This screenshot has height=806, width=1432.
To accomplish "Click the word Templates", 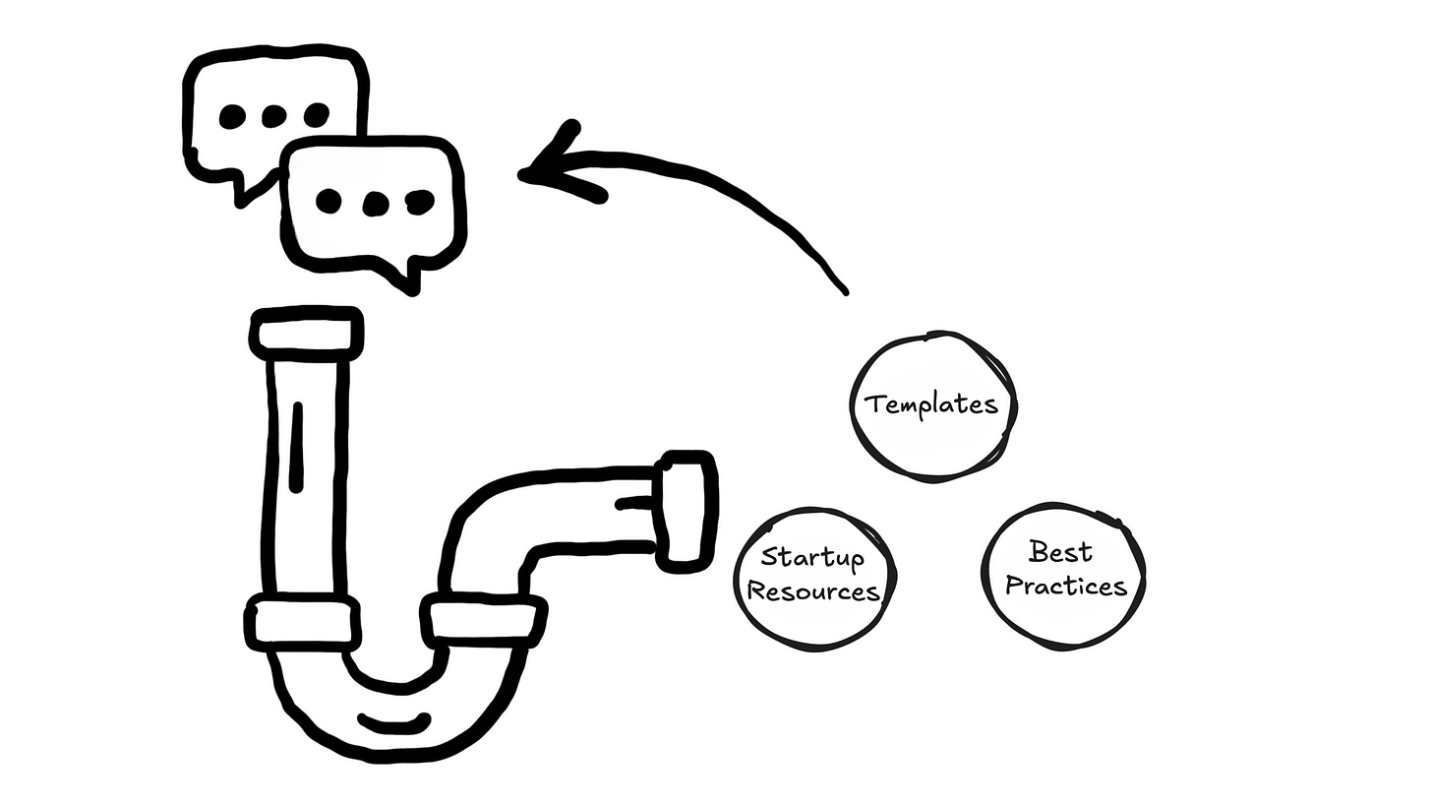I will tap(930, 404).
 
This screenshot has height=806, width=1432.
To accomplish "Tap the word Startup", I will tap(812, 558).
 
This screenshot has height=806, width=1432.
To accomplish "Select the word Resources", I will tap(813, 591).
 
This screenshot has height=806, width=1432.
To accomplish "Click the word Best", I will tap(1060, 552).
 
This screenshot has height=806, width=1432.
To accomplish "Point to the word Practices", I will tap(1065, 586).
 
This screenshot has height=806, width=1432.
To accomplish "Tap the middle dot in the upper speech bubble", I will tap(273, 117).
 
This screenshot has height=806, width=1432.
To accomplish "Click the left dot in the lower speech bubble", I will tap(328, 202).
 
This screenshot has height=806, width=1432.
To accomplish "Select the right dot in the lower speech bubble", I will tap(420, 202).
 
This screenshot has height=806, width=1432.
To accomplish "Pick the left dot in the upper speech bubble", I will tap(232, 117).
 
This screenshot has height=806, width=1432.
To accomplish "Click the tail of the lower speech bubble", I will tap(408, 279).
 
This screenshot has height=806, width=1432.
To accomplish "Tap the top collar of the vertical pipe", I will tap(306, 334).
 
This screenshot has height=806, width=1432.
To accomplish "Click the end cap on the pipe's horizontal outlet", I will tap(686, 511).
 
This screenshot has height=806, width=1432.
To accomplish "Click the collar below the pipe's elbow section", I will tap(483, 621).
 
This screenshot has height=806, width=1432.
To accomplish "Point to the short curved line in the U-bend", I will tap(393, 724).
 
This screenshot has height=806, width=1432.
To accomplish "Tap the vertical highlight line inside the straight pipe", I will tap(297, 447).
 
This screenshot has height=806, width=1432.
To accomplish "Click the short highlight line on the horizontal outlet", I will tap(635, 503).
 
